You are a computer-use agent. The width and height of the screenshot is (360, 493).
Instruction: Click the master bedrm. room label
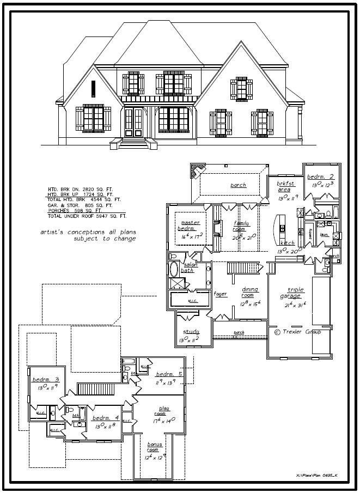point(190,226)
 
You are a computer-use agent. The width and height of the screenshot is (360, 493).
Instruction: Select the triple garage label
point(296,293)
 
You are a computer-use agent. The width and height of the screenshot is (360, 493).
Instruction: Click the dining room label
point(250,293)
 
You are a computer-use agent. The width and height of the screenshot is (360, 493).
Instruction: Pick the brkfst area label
point(285,186)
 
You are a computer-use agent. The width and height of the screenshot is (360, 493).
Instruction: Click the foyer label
point(220,294)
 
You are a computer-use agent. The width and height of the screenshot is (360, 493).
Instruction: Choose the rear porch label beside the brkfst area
point(238,185)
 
